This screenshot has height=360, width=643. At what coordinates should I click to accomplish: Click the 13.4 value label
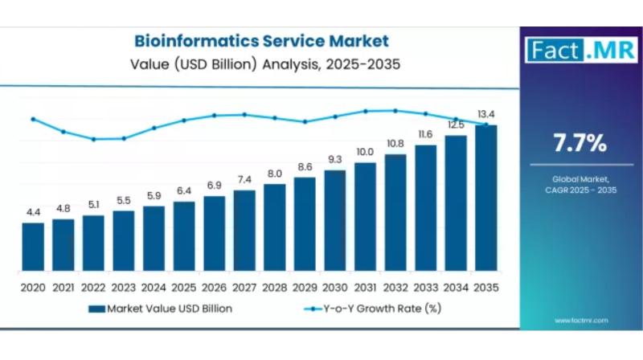(485, 114)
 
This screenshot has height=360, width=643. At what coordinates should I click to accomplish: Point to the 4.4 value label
(33, 212)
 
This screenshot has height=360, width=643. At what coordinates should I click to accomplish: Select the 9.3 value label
(335, 159)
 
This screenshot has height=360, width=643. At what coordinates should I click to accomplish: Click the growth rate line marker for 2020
(33, 119)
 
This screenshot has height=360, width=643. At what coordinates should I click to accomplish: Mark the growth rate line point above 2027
(244, 114)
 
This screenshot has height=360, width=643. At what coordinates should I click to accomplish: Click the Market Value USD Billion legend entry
(161, 308)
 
